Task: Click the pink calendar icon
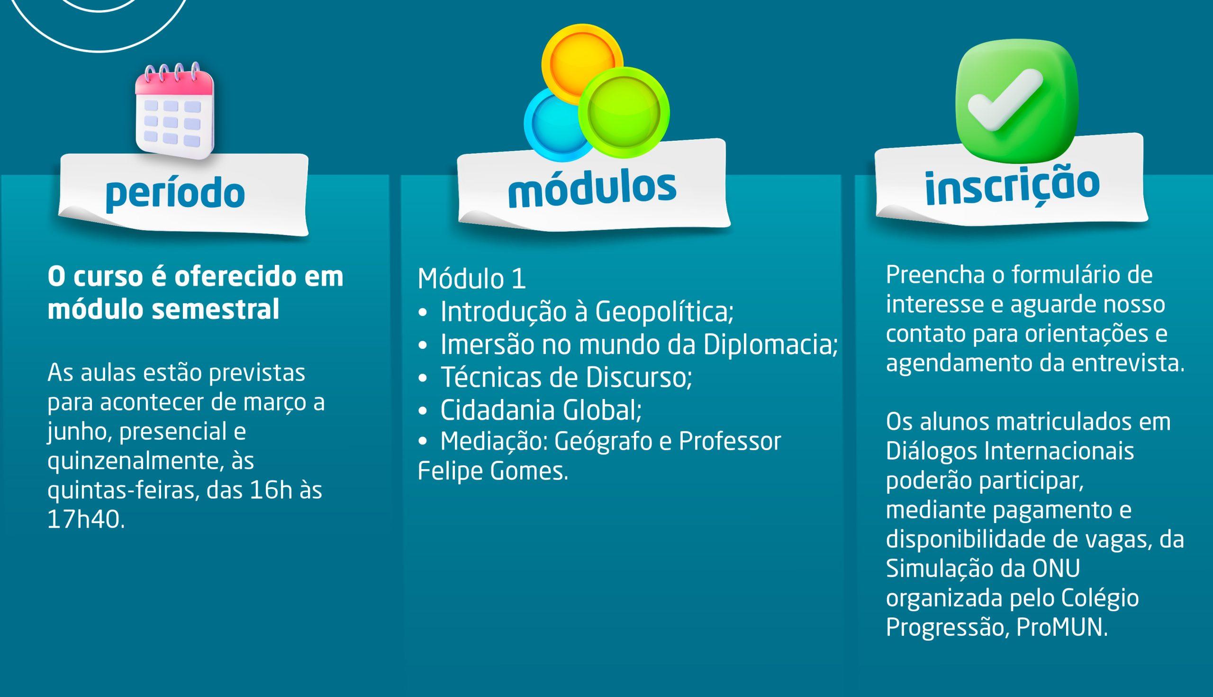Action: click(x=175, y=110)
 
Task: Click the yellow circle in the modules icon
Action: click(x=582, y=63)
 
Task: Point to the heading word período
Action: click(x=175, y=193)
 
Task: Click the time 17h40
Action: click(x=86, y=520)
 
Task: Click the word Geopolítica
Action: click(x=664, y=312)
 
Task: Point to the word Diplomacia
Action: click(x=771, y=344)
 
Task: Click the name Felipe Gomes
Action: click(x=493, y=472)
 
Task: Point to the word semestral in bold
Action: click(x=216, y=309)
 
